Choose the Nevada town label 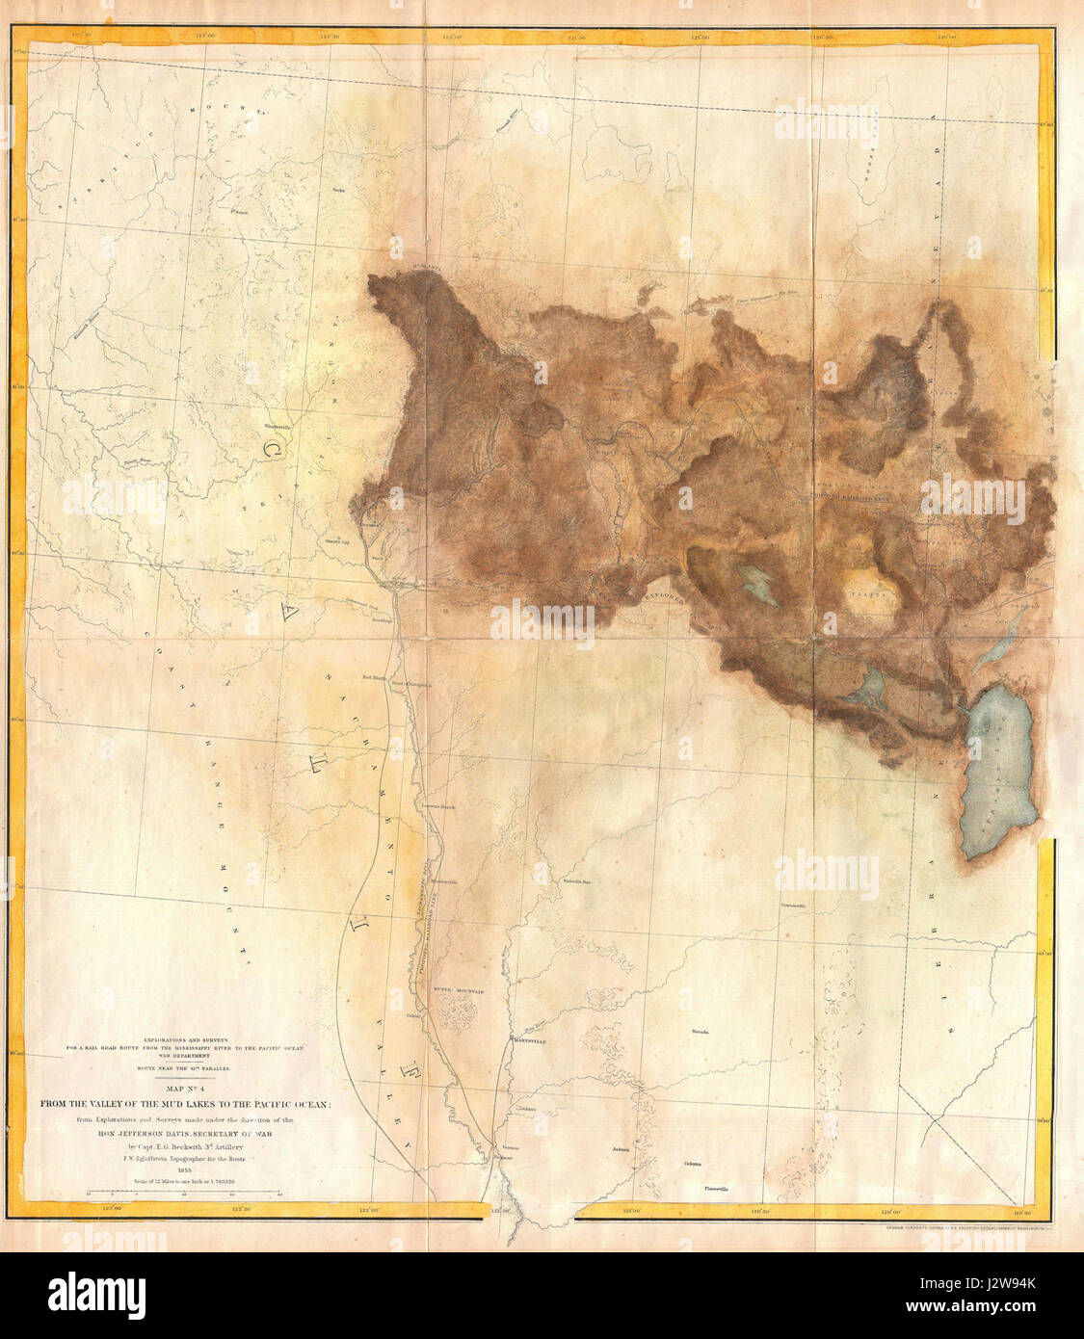[700, 1032]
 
